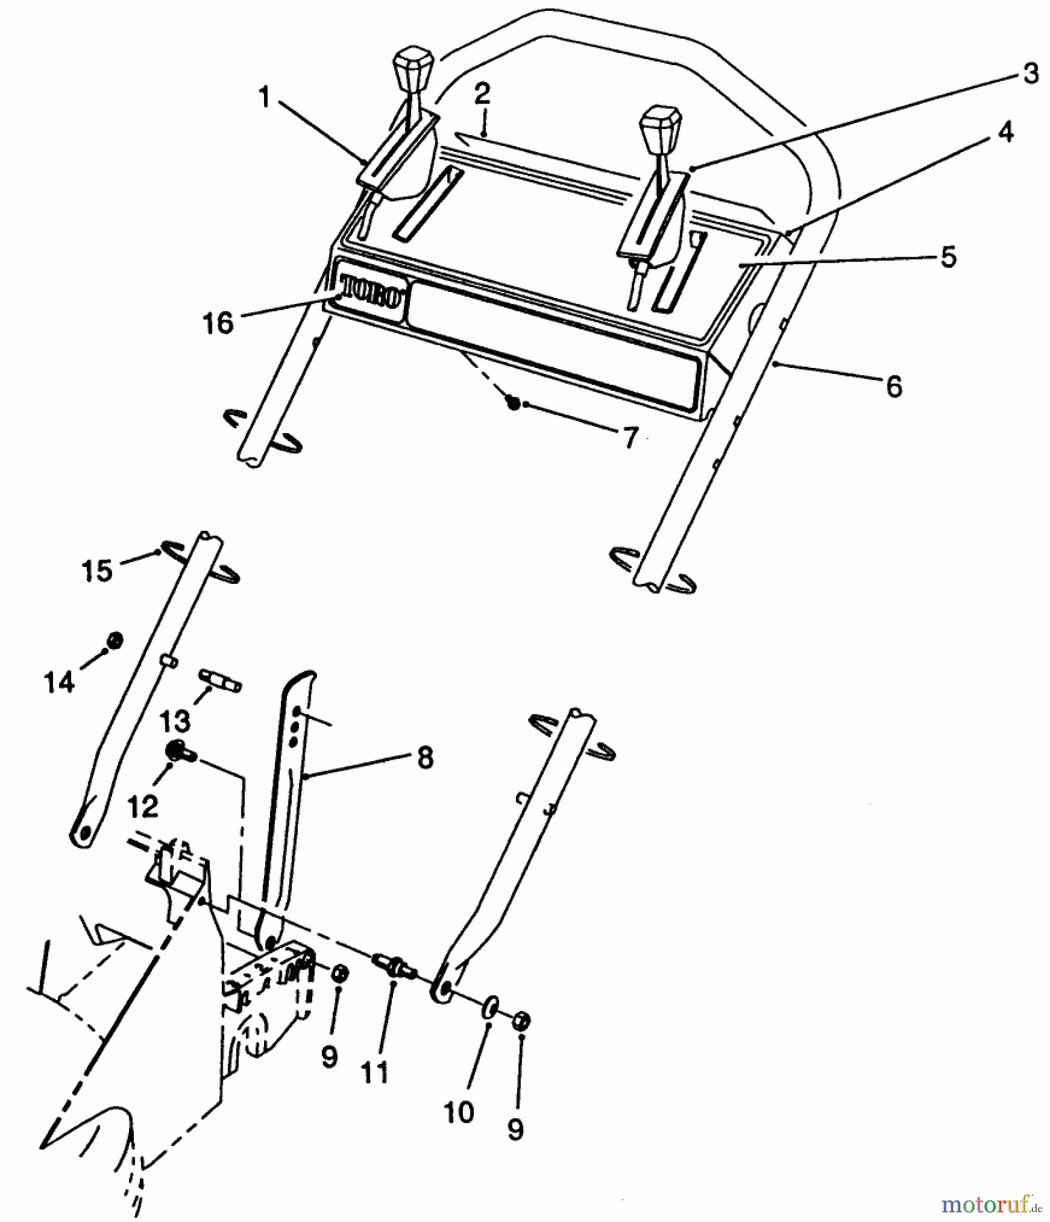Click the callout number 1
(x=265, y=98)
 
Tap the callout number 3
(x=1030, y=73)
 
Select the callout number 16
(x=219, y=323)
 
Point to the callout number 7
(x=631, y=438)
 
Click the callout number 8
(x=425, y=758)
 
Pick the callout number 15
(x=97, y=571)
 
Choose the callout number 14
(x=59, y=682)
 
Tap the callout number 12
(x=143, y=806)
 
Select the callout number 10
(x=459, y=1112)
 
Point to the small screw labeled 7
(x=514, y=403)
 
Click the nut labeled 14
(x=115, y=640)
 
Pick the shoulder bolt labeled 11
(x=392, y=965)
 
